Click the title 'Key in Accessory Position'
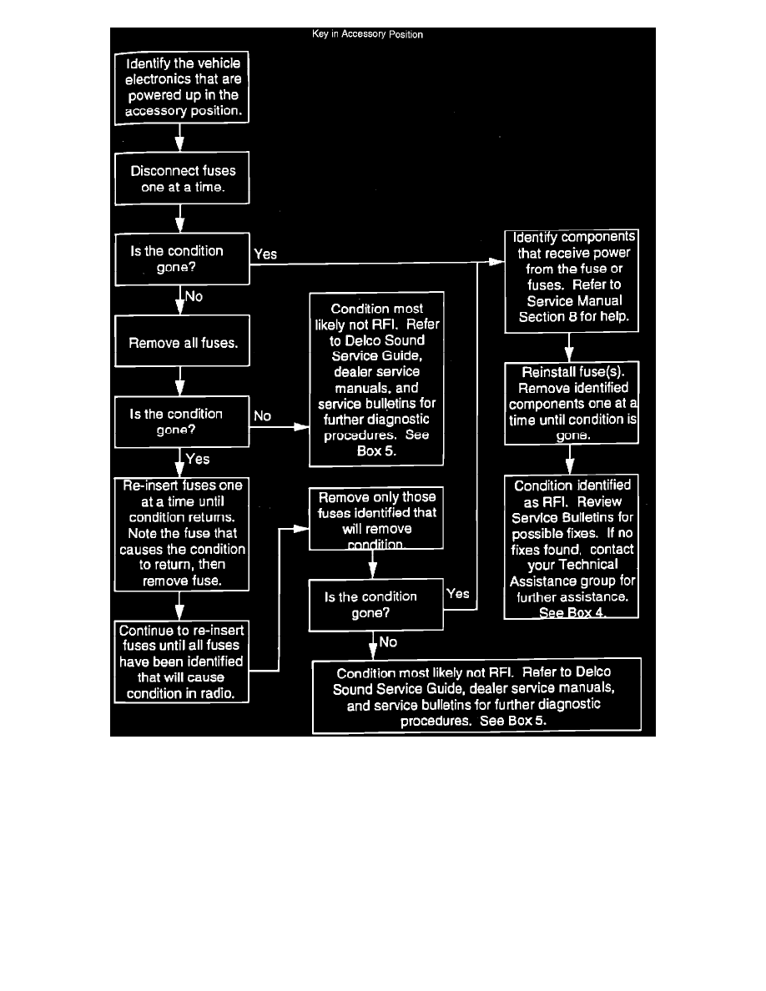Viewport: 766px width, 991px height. tap(367, 35)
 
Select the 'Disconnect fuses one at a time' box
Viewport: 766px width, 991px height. tap(182, 179)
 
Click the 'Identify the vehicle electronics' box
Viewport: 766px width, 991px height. tap(182, 88)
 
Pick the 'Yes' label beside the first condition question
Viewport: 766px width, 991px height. tap(265, 254)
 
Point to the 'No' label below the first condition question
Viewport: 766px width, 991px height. tap(194, 296)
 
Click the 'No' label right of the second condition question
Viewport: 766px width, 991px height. tap(262, 415)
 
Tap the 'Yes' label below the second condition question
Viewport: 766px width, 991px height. tap(198, 459)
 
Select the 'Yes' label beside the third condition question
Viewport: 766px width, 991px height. tap(458, 594)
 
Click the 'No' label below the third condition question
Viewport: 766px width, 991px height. tap(388, 642)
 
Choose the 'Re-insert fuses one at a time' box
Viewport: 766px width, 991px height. tap(182, 534)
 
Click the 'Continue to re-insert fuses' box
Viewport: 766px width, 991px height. tap(182, 662)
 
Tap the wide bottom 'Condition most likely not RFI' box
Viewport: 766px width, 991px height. tap(477, 697)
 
